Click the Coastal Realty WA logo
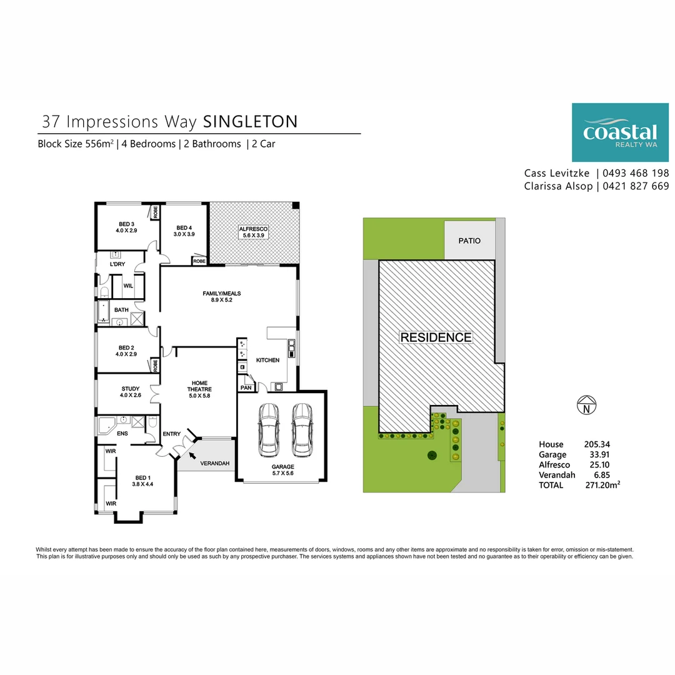click(620, 132)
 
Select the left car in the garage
click(269, 430)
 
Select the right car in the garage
click(302, 430)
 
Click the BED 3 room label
click(126, 224)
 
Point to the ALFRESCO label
click(253, 230)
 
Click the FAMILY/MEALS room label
click(222, 293)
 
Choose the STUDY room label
click(131, 389)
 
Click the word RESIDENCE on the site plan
click(436, 337)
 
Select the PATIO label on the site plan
click(469, 240)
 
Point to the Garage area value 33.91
click(597, 454)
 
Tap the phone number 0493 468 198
click(636, 173)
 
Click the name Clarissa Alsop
click(557, 186)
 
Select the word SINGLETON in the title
click(251, 121)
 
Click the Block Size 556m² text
click(76, 144)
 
